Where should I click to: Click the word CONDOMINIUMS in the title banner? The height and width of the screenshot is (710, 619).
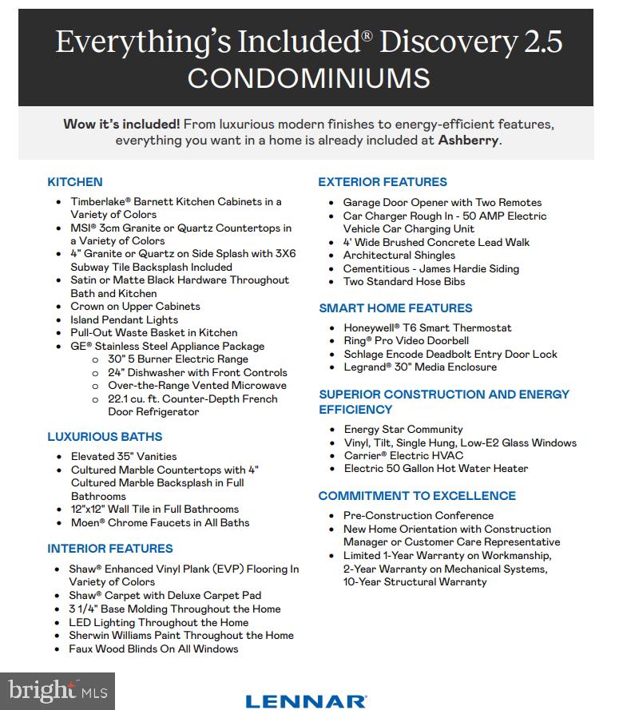pos(308,78)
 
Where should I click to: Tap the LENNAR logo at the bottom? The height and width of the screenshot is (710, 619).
pos(306,701)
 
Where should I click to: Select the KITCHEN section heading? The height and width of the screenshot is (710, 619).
pos(75,182)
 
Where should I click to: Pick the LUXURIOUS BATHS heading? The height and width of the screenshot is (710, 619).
pos(105,437)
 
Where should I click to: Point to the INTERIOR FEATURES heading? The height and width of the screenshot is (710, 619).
pos(110,549)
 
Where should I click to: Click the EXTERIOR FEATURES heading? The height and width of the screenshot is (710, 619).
pos(383,182)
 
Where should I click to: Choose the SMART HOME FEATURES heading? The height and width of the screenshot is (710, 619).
pos(395,308)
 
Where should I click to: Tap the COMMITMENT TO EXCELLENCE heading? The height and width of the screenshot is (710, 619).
pos(417,496)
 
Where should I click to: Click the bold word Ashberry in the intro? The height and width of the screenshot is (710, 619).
pos(468,141)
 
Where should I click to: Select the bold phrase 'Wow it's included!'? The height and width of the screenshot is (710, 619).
pos(121,125)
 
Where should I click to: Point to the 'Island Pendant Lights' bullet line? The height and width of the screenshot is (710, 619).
pos(125,319)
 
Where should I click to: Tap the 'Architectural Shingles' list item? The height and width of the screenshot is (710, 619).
pos(399,256)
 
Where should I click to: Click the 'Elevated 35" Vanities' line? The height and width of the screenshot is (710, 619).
pos(124,457)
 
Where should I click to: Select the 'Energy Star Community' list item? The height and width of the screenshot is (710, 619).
pos(403,430)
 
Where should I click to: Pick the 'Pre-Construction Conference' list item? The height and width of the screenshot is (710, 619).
pos(419,516)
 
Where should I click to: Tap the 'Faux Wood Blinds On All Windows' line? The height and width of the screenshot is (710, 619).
pos(153,649)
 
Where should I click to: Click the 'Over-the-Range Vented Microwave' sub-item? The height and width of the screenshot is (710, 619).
pos(197,386)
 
